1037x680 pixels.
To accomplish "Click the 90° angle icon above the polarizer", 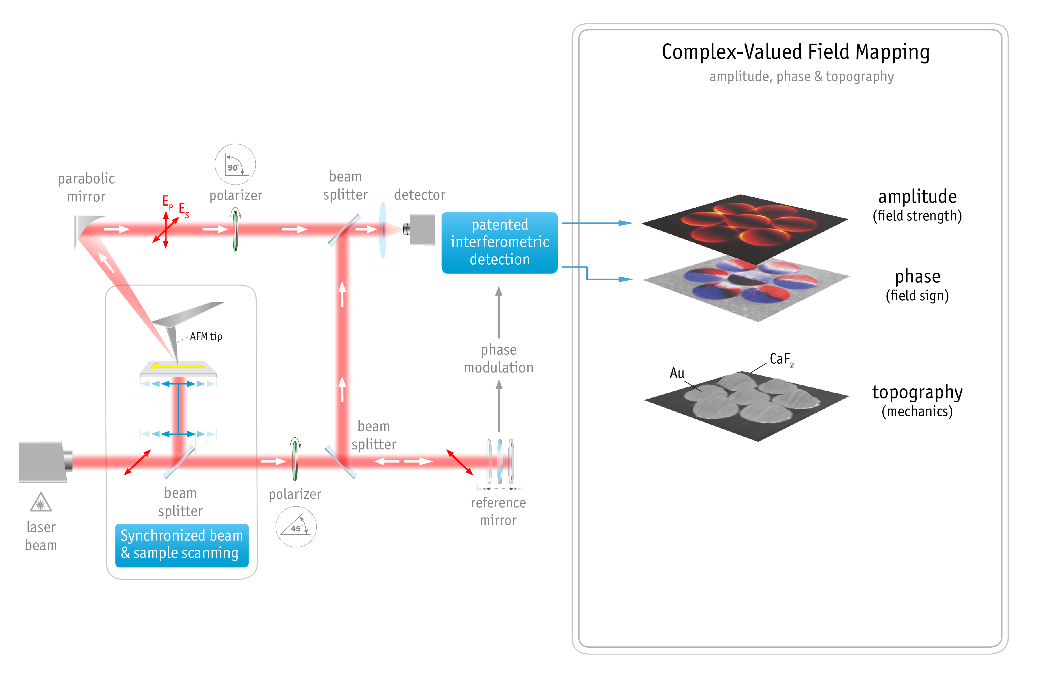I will click(x=235, y=164).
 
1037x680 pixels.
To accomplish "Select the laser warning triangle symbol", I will click(x=41, y=503).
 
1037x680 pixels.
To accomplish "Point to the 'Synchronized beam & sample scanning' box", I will click(x=182, y=545).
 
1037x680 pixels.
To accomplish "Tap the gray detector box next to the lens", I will click(x=422, y=229).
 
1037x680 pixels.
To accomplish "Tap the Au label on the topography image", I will click(x=677, y=373).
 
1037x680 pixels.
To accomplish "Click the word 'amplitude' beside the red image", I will click(x=917, y=197).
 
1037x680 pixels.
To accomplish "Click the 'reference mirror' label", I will click(x=498, y=511).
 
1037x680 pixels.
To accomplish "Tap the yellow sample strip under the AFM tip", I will click(x=178, y=366).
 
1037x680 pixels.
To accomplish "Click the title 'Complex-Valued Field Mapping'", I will click(x=796, y=52).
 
